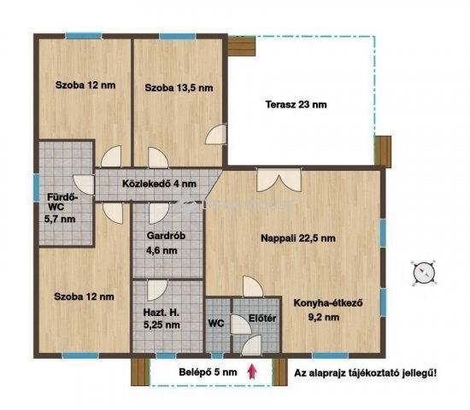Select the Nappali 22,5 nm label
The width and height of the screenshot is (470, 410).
click(297, 238)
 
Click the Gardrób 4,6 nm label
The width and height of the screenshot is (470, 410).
click(160, 243)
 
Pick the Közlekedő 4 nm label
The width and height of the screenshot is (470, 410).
click(159, 184)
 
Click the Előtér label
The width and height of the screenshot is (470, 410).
click(261, 319)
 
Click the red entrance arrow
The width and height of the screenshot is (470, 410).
click(251, 372)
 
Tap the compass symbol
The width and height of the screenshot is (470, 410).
click(424, 272)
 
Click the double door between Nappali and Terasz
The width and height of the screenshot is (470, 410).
click(279, 179)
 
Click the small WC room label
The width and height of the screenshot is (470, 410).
click(217, 324)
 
